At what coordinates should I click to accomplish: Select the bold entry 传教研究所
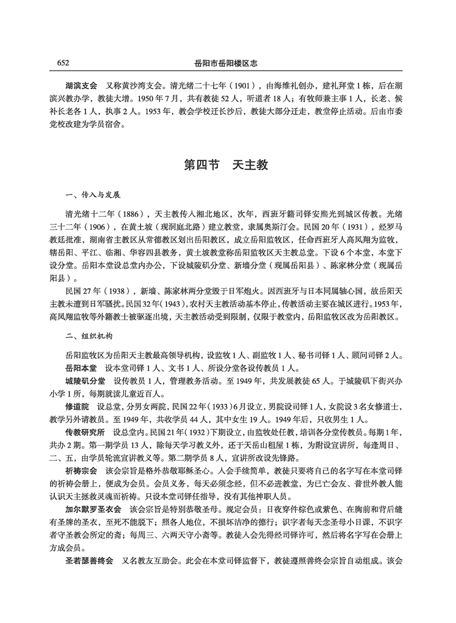[x=85, y=433]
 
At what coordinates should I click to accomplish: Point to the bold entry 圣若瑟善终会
[x=89, y=562]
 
